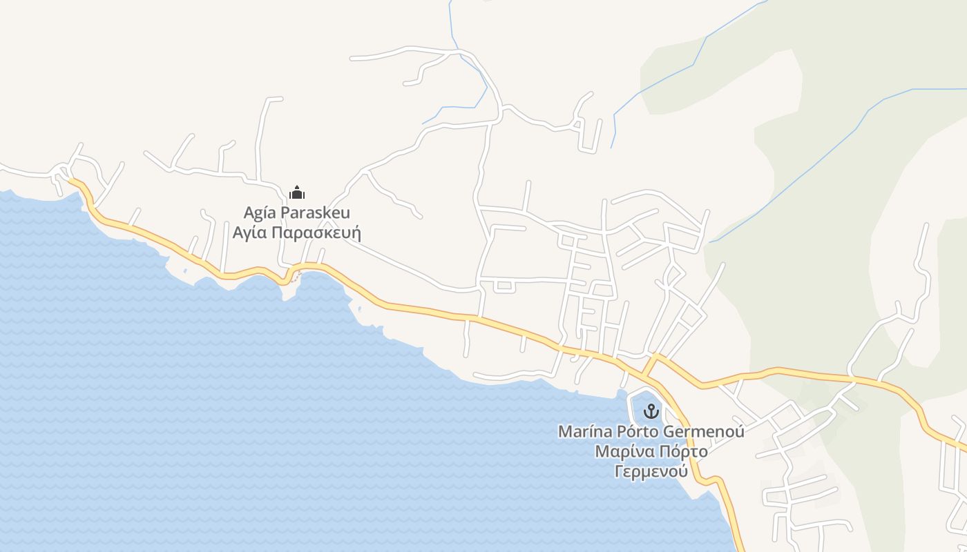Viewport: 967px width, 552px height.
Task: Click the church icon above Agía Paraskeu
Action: coord(297,193)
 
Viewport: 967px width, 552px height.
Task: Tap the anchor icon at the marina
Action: coord(651,412)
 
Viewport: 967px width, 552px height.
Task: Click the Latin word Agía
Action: coord(261,213)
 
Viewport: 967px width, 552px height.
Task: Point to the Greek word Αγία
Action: coord(249,232)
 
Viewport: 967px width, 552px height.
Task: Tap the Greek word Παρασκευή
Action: coord(316,233)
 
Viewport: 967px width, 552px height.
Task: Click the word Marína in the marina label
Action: coord(585,432)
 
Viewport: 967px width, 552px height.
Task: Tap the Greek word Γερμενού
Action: coord(651,472)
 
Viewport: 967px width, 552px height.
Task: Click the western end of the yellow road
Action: coord(71,181)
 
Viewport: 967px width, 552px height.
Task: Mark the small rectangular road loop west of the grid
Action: coord(504,286)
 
